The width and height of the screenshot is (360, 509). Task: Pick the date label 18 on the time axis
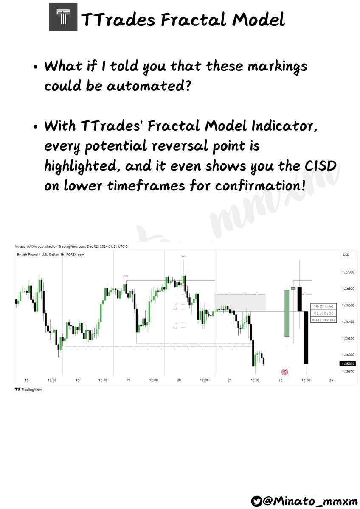coord(77,380)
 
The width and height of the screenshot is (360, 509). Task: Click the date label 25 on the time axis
coord(331,380)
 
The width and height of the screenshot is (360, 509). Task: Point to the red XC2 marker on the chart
coord(126,276)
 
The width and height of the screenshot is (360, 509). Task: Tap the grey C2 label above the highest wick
coord(183,256)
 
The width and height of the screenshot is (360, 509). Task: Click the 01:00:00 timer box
coord(323,313)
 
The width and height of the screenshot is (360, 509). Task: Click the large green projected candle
coord(287,313)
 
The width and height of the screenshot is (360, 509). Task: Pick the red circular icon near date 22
coord(285,372)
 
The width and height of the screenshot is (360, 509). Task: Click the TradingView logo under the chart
coord(29,389)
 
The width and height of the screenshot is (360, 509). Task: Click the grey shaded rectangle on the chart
coord(240,302)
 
